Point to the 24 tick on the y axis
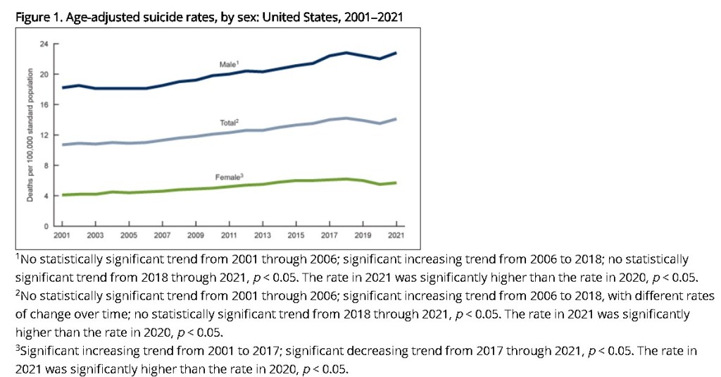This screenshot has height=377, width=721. pyautogui.click(x=44, y=44)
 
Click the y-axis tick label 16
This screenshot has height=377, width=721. pyautogui.click(x=44, y=105)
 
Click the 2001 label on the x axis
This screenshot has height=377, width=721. pyautogui.click(x=62, y=234)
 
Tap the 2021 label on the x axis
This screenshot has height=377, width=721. pyautogui.click(x=396, y=234)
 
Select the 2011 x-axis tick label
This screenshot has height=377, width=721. pyautogui.click(x=229, y=234)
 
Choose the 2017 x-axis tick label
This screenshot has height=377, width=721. pyautogui.click(x=329, y=234)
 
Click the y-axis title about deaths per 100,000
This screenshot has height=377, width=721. pyautogui.click(x=30, y=135)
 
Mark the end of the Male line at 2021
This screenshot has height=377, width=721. pyautogui.click(x=396, y=53)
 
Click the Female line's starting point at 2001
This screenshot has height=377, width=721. pyautogui.click(x=63, y=194)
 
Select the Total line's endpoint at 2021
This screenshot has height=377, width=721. pyautogui.click(x=396, y=119)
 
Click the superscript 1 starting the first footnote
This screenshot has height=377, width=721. pyautogui.click(x=17, y=256)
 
